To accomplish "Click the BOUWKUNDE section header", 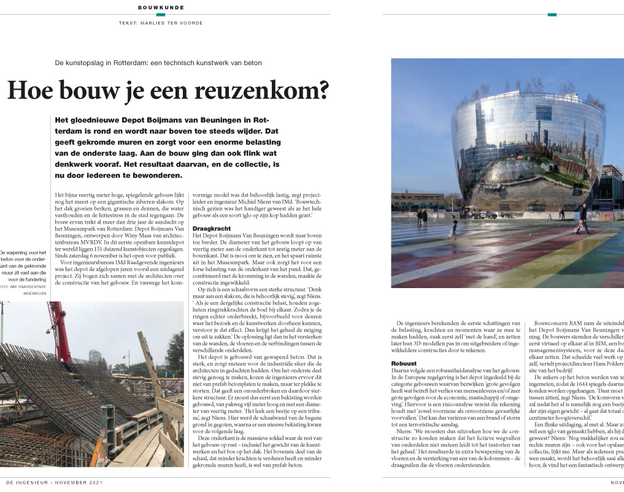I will (161, 7).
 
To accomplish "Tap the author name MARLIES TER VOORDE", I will (178, 23).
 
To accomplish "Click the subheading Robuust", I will (404, 364).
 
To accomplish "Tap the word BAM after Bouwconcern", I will (571, 324).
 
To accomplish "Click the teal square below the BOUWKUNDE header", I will (161, 14).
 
